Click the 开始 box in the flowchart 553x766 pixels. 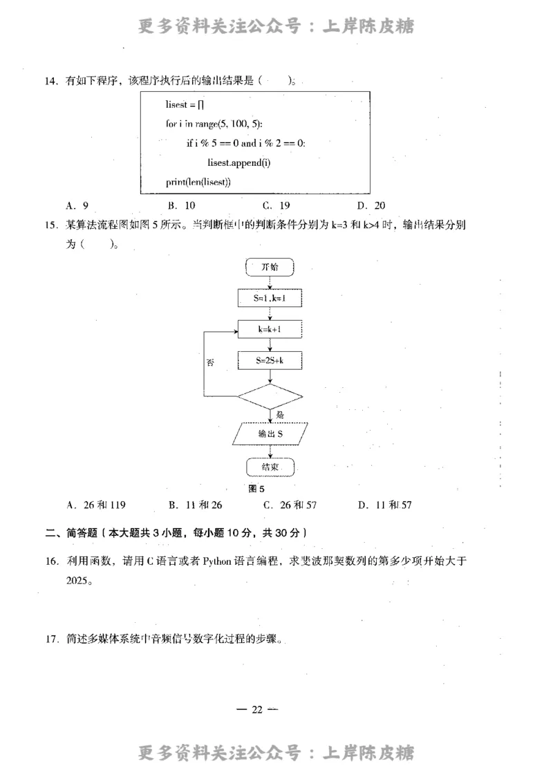tap(270, 266)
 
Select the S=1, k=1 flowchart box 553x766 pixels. tap(270, 298)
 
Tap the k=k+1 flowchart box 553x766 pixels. tap(270, 330)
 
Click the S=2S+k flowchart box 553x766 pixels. tap(270, 361)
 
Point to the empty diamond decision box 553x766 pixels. tap(270, 397)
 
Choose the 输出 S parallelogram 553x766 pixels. tap(270, 434)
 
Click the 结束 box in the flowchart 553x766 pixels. tap(270, 467)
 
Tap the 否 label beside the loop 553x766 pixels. tap(210, 362)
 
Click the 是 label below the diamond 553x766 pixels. tap(280, 415)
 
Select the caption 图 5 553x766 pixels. tap(256, 489)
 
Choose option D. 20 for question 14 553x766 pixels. tap(371, 205)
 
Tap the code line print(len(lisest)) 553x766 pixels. tap(198, 182)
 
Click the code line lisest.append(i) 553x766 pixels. tap(238, 162)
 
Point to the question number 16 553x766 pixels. tap(51, 561)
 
